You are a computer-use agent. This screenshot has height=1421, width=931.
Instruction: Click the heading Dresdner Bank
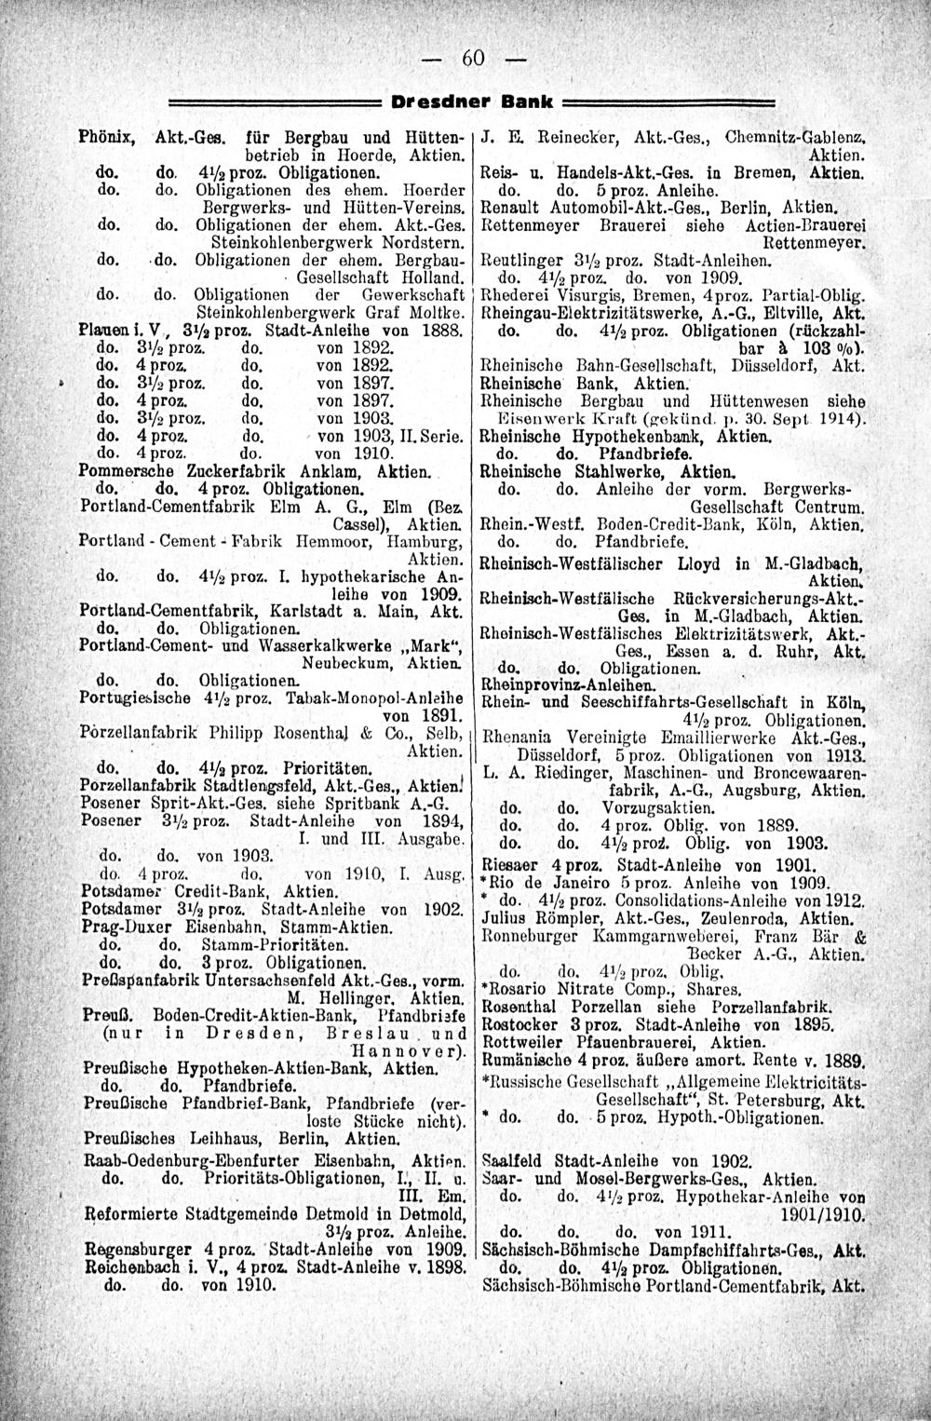tap(477, 100)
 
